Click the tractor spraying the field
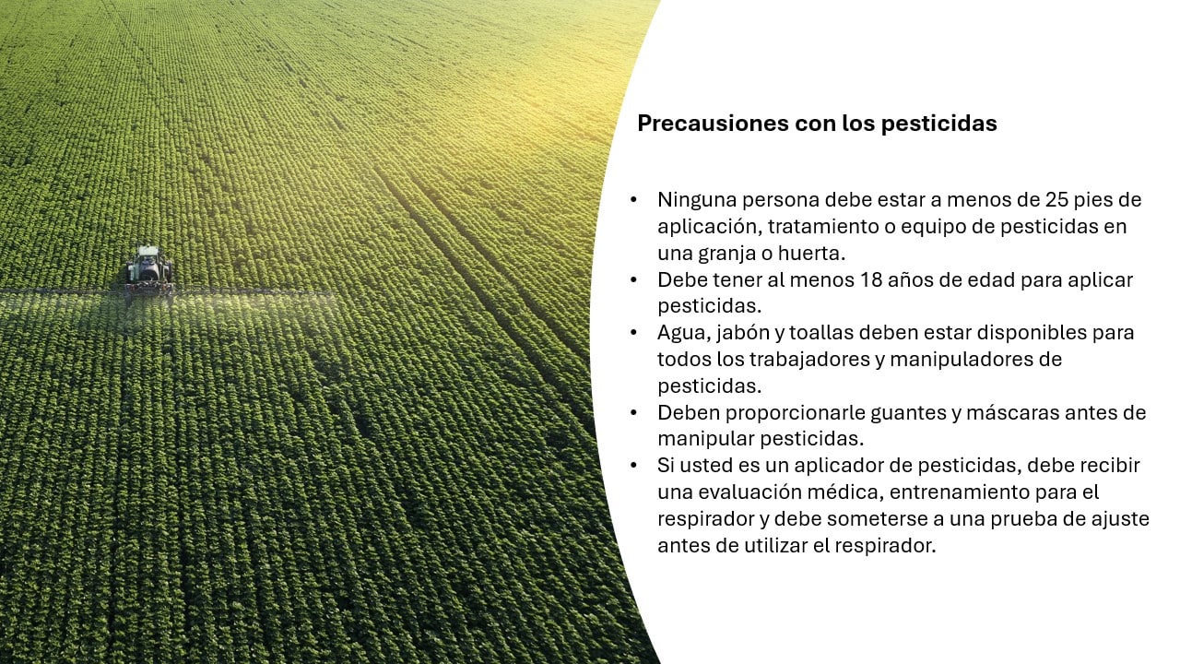(x=148, y=271)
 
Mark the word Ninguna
(x=692, y=199)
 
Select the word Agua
(x=678, y=332)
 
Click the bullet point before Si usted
(x=633, y=466)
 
